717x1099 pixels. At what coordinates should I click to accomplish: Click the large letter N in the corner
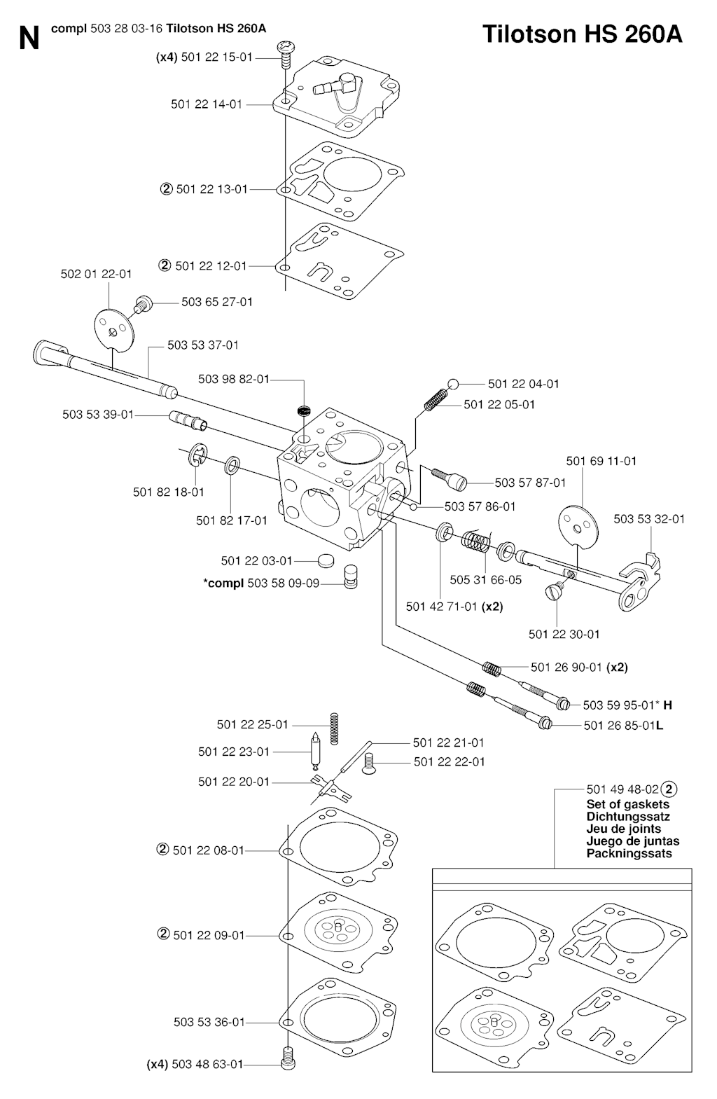pyautogui.click(x=29, y=39)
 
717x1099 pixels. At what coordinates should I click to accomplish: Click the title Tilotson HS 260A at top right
pyautogui.click(x=582, y=34)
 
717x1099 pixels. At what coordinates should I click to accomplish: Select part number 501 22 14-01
pyautogui.click(x=207, y=104)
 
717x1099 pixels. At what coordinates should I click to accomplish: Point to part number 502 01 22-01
pyautogui.click(x=96, y=274)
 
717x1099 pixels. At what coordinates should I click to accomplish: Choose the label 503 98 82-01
pyautogui.click(x=233, y=379)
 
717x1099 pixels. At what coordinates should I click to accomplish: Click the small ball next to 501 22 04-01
pyautogui.click(x=453, y=384)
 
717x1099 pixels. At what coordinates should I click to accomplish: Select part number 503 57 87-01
pyautogui.click(x=530, y=483)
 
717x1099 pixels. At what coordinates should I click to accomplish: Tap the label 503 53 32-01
pyautogui.click(x=649, y=519)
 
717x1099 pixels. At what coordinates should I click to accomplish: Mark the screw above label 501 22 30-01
pyautogui.click(x=552, y=592)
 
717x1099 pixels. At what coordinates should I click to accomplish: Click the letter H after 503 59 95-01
pyautogui.click(x=667, y=705)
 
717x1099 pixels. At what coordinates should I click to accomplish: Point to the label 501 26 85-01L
pyautogui.click(x=623, y=725)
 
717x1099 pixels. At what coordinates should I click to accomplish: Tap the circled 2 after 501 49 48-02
pyautogui.click(x=669, y=789)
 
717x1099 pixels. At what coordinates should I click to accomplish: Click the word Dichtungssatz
pyautogui.click(x=627, y=817)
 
